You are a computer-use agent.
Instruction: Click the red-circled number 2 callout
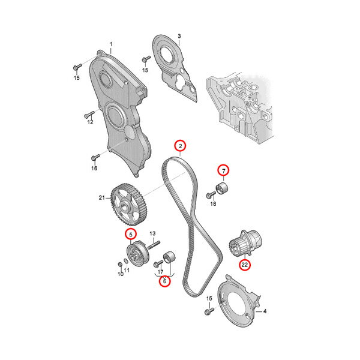[180, 146]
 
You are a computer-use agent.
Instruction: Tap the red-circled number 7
[224, 170]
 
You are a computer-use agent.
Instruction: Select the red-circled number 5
[131, 235]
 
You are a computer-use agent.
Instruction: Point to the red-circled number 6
[164, 281]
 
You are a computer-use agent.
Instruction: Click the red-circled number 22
[245, 265]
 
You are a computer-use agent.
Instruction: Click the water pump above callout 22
[245, 244]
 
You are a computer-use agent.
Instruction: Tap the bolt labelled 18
[211, 195]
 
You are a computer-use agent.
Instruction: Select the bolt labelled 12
[89, 115]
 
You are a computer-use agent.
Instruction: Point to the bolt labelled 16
[95, 157]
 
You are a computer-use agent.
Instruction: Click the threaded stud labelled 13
[154, 245]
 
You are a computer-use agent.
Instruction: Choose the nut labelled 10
[120, 264]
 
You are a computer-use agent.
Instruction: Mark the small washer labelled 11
[126, 261]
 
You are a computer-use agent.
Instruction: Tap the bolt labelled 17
[158, 263]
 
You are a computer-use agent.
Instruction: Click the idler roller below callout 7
[222, 188]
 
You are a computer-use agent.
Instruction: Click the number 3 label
[179, 36]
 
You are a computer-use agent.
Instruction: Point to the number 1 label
[111, 44]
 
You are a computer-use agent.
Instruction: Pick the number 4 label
[265, 311]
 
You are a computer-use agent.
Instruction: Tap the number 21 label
[102, 197]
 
